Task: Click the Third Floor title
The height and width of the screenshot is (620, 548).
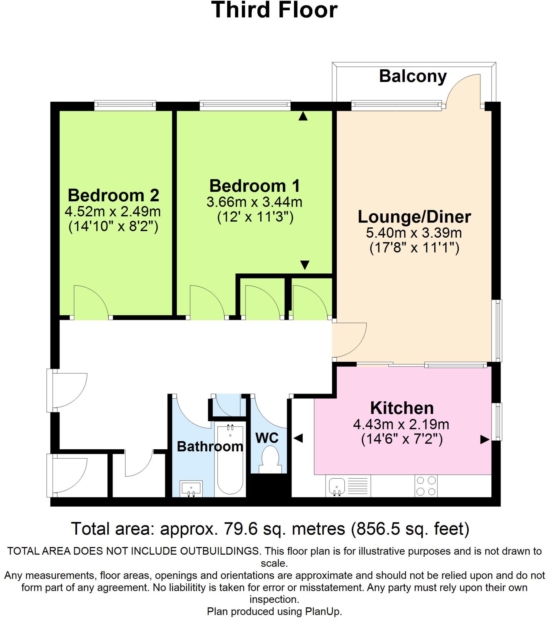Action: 274,10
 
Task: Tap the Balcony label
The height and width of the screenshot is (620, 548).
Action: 413,76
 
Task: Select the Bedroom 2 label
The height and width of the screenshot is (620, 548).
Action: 113,195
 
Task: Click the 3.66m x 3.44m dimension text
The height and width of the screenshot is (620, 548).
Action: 254,202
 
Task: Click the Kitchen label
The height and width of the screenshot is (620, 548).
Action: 402,408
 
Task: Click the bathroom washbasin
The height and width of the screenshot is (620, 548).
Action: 191,488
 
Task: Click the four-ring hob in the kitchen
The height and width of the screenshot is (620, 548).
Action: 426,486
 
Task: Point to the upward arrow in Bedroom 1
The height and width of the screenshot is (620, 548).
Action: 303,116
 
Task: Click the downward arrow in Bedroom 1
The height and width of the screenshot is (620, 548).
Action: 305,265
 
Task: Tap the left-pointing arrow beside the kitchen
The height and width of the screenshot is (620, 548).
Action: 298,438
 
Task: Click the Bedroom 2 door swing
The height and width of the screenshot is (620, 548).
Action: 91,300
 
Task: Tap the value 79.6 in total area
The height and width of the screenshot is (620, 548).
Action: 240,528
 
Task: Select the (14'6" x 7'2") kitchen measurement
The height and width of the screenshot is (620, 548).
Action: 402,439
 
